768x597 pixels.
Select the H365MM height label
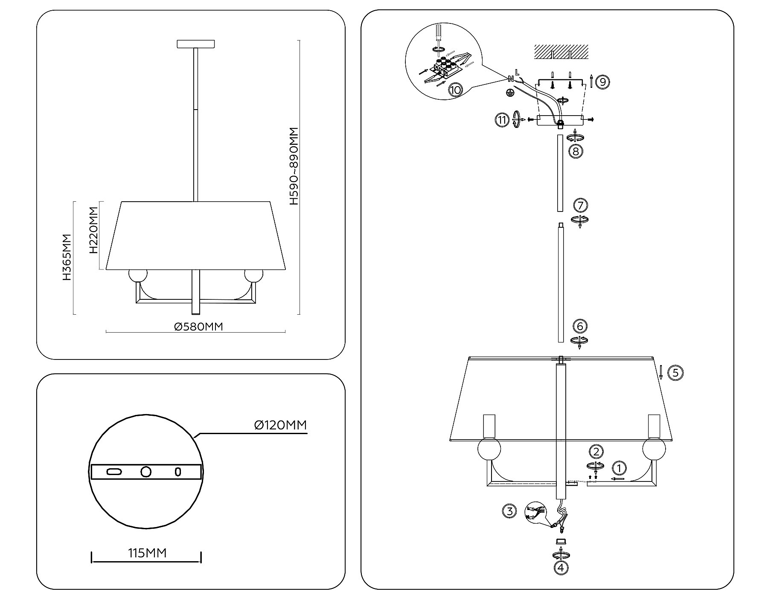(x=67, y=257)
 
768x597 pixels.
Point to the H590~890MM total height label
(x=294, y=166)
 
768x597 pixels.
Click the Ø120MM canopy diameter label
(x=280, y=425)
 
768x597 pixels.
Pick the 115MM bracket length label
(x=147, y=553)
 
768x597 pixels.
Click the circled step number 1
(x=619, y=468)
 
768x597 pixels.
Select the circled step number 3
(x=509, y=510)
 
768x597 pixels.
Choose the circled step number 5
(x=675, y=373)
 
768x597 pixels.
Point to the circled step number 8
(x=576, y=151)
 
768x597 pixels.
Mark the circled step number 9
(x=602, y=81)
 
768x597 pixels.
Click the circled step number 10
(x=455, y=90)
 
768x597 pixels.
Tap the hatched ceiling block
(x=561, y=52)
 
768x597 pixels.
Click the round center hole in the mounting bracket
(x=146, y=472)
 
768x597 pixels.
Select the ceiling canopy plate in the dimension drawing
(x=195, y=43)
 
